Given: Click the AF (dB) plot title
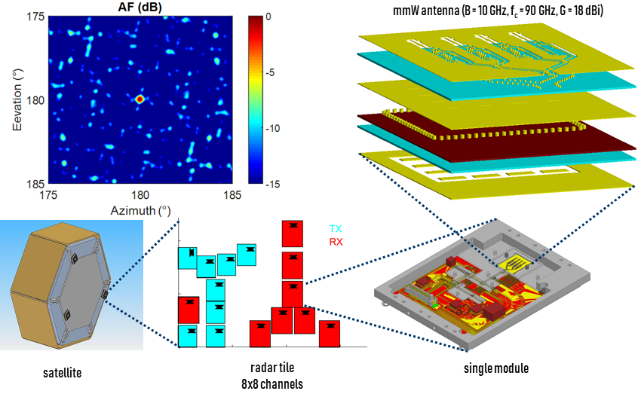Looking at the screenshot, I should pos(140,7).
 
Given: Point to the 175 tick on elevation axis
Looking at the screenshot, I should pos(34,15).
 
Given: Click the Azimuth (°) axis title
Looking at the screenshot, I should pos(140,210).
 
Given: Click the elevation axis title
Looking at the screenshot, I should pos(17,99).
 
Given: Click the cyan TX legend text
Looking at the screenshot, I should pos(336,228).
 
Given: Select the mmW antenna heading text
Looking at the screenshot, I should pos(494,8).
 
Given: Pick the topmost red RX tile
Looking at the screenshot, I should pos(293,234).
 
